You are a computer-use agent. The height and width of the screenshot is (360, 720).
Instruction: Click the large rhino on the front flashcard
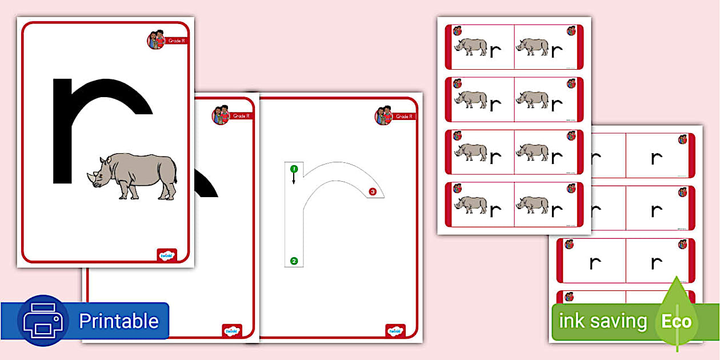click(134, 175)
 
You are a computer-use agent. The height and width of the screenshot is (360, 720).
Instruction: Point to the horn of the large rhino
click(90, 177)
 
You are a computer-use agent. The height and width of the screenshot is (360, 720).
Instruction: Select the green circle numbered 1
click(294, 169)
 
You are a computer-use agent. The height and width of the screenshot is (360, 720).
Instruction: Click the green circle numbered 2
click(294, 261)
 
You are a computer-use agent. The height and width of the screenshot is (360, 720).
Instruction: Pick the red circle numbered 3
click(373, 192)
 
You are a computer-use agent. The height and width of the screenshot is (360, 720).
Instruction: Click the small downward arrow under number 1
click(294, 179)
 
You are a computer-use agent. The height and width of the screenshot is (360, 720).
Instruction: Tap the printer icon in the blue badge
click(43, 321)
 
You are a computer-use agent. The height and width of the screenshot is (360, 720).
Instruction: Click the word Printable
click(118, 321)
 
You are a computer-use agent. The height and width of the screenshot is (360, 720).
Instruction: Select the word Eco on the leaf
click(677, 321)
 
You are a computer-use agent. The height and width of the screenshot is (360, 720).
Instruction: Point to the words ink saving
click(602, 321)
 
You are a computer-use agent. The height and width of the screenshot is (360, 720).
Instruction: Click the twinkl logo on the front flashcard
click(167, 255)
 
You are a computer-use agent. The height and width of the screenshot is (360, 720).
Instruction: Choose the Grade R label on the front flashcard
click(176, 41)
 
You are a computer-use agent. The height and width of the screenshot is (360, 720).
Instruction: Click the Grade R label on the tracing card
click(403, 117)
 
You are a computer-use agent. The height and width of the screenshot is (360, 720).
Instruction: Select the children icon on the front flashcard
click(156, 39)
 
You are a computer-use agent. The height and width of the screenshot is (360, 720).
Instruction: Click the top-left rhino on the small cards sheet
click(470, 47)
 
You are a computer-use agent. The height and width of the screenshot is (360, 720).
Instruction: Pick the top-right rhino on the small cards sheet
click(532, 47)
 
